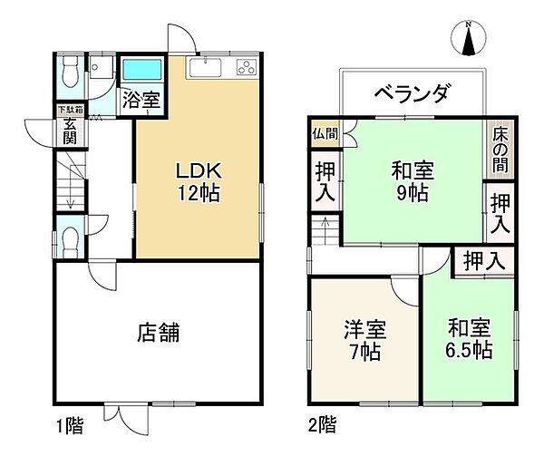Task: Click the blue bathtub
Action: (x=141, y=69)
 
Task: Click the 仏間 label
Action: (x=324, y=133)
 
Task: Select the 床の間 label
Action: (x=500, y=145)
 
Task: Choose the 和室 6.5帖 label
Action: (x=468, y=338)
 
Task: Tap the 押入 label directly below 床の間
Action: (x=500, y=211)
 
